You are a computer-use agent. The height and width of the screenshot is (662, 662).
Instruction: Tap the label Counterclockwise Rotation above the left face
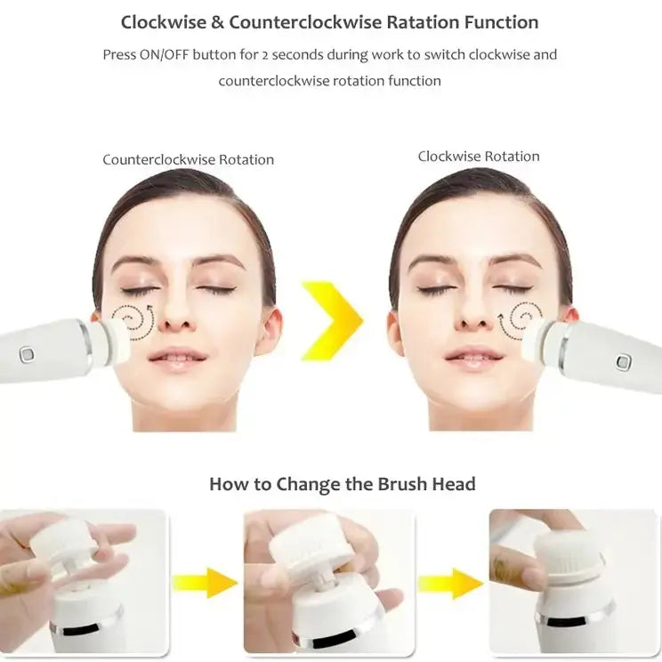[188, 160]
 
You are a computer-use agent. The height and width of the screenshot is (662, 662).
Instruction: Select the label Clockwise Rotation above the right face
[479, 157]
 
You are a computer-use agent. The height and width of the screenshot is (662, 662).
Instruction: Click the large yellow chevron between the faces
[332, 320]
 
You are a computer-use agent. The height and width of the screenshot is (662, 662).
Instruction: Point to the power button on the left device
[28, 354]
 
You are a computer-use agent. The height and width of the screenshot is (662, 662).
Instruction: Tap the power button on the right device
[624, 361]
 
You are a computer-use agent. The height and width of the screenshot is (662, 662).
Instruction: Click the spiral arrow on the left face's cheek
[137, 320]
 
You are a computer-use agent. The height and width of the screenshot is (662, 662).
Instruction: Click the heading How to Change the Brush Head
[343, 485]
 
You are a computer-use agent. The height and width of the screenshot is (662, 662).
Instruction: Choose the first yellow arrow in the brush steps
[205, 583]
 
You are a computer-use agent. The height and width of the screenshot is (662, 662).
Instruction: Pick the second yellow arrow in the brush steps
[450, 583]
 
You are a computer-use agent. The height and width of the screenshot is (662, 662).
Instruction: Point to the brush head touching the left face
[113, 341]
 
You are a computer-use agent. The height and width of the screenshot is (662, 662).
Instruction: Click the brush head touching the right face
[537, 343]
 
